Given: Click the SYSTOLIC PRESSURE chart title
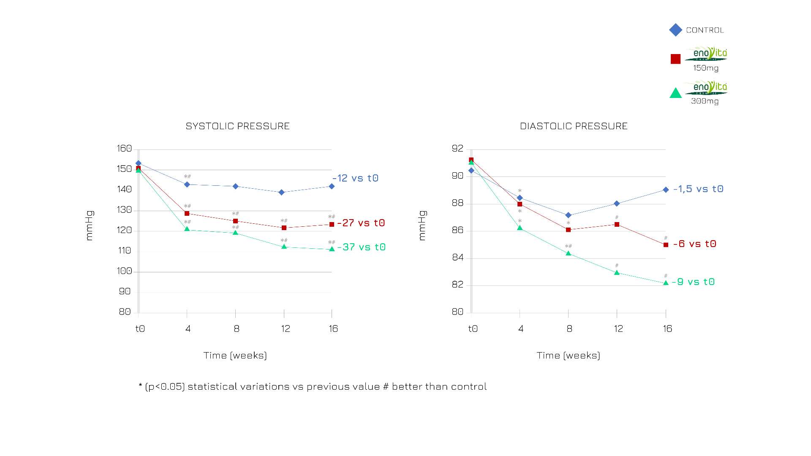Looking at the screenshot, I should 237,126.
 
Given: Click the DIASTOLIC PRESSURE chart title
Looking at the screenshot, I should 574,126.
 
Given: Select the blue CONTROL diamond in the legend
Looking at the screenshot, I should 675,30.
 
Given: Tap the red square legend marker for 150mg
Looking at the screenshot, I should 675,59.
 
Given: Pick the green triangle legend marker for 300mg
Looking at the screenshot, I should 675,93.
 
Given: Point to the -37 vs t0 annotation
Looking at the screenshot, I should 362,247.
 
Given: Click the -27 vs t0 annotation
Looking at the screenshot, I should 361,223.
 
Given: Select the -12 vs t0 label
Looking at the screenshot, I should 355,178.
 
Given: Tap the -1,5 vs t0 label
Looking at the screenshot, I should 698,189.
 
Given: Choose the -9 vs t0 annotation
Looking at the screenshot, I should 693,282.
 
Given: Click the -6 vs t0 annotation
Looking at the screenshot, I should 695,244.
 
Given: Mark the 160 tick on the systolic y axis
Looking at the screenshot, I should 124,149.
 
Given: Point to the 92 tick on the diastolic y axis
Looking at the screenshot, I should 457,149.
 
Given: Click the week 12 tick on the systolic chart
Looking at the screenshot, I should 286,329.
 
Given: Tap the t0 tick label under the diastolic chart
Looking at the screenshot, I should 473,329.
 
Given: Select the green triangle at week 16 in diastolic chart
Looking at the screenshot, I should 666,283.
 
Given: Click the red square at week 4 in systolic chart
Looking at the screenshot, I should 187,214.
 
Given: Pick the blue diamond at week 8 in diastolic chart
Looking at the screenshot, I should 568,215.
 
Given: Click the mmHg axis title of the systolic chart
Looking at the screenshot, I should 89,225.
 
